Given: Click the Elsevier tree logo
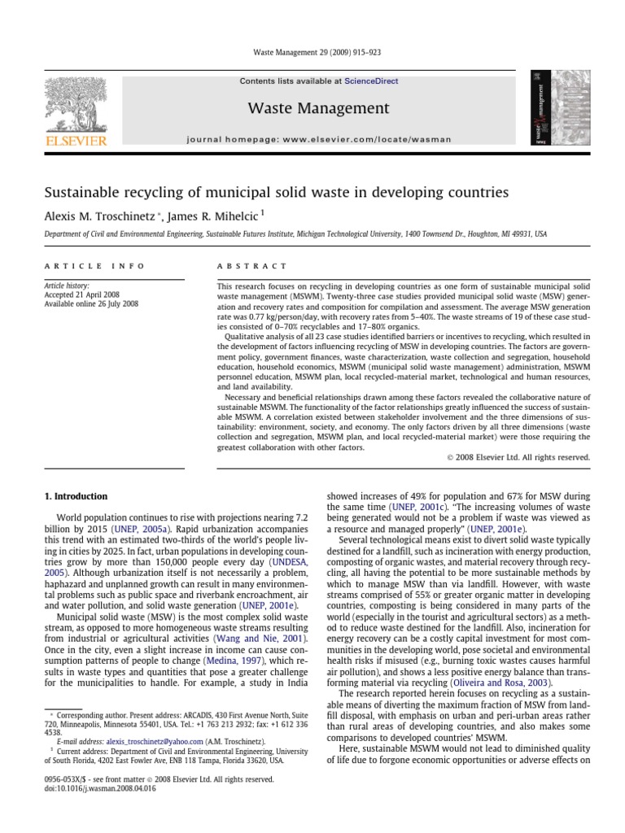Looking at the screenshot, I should pos(76,101).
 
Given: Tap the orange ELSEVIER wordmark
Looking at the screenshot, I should pos(76,140).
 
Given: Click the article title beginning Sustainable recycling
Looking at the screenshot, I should pos(276,193).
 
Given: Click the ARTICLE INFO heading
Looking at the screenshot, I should pos(94,266).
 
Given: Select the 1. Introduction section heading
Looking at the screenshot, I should pos(75,496).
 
